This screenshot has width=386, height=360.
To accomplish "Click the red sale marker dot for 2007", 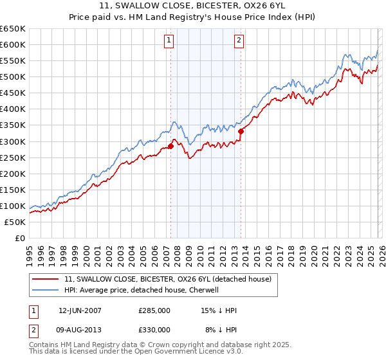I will (x=170, y=146).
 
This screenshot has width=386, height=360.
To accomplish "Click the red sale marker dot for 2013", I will (x=241, y=131).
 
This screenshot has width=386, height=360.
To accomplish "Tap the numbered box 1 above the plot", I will (x=169, y=40).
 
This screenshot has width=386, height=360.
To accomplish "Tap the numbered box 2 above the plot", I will (x=239, y=40).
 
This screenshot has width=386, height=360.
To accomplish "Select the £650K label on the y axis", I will (x=13, y=29).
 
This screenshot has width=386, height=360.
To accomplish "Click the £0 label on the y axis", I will (x=19, y=238).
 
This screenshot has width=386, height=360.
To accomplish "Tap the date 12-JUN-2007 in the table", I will (x=80, y=310).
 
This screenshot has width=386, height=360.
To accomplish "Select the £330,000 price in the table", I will (x=154, y=329).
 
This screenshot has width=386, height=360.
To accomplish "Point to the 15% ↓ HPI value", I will (x=219, y=310).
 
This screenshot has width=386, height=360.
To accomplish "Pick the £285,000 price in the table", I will (x=154, y=310).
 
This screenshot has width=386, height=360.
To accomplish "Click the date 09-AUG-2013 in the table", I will (x=80, y=329).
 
